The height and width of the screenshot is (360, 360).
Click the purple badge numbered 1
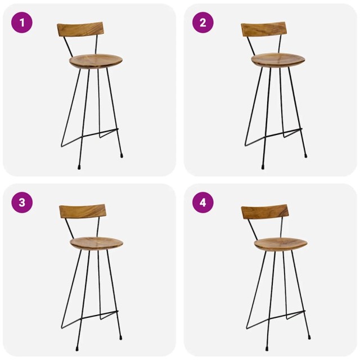point(22,22)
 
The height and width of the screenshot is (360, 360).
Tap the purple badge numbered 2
point(203,22)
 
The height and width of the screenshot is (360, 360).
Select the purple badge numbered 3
point(22,202)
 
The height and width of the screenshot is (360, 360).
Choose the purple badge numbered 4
point(203,202)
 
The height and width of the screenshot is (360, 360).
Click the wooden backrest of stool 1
point(80,29)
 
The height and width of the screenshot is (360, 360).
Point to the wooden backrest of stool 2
point(264,29)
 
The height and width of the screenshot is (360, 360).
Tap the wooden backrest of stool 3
point(83,211)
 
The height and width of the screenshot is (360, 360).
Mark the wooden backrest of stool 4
point(265,212)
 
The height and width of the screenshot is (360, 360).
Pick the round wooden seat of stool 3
point(96,243)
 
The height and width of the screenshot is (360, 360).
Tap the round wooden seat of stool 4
point(280,244)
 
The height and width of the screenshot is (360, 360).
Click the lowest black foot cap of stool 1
point(79,167)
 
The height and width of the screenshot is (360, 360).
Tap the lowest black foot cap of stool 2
point(263,167)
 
